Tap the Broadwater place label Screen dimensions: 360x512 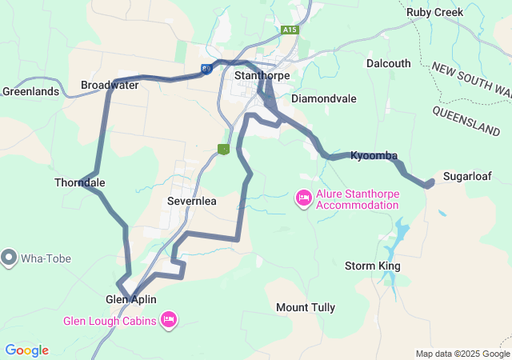(x=110, y=85)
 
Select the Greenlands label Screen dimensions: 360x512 (x=30, y=91)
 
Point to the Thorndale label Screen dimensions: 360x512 (x=79, y=182)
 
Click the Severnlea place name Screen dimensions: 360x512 (x=192, y=202)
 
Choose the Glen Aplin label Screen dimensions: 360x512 (x=131, y=299)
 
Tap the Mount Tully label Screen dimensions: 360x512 (x=306, y=307)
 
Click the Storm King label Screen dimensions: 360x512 (x=372, y=266)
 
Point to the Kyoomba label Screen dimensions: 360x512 (x=374, y=155)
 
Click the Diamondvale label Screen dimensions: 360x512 (x=324, y=98)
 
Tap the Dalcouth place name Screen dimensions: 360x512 (x=388, y=63)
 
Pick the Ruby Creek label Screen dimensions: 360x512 (x=435, y=12)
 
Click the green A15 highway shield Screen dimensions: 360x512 (x=290, y=30)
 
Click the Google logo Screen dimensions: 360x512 (x=26, y=350)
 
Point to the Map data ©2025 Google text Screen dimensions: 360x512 (x=462, y=354)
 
